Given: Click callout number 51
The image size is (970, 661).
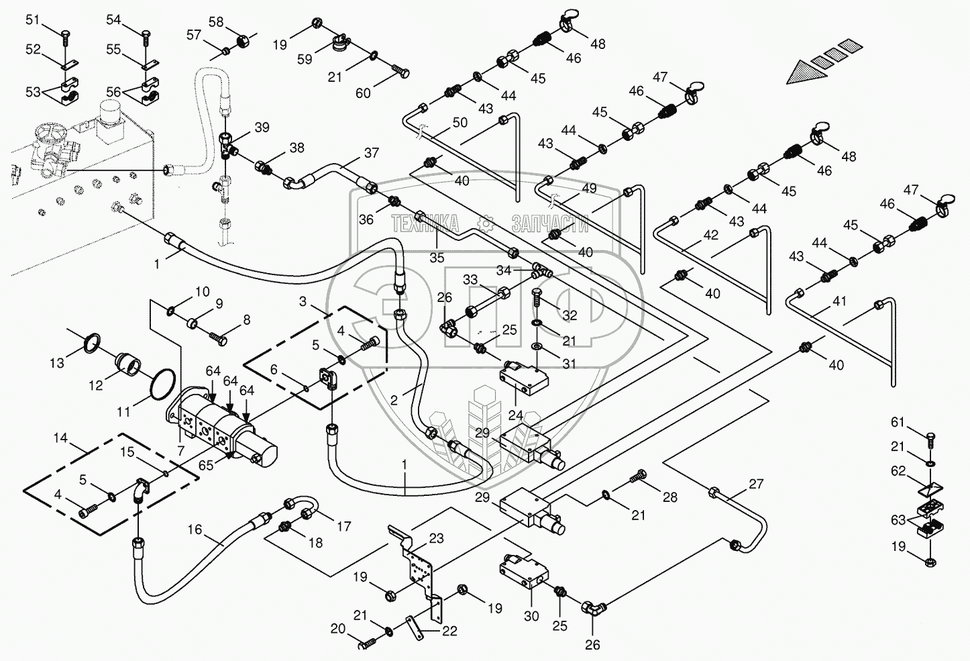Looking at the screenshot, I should click(33, 20).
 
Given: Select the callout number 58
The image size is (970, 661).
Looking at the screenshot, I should click(216, 22).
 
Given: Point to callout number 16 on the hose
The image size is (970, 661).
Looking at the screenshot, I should click(195, 530).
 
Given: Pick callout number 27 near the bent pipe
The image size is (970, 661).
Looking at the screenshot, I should click(756, 484).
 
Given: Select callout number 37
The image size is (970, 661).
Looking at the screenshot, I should click(372, 153).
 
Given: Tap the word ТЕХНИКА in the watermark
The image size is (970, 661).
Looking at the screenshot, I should click(426, 223).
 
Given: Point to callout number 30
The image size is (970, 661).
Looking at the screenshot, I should click(531, 615).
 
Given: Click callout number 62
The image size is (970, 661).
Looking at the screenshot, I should click(898, 471).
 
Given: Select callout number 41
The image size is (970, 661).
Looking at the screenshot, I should click(839, 302).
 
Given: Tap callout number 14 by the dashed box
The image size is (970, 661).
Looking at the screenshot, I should click(60, 439).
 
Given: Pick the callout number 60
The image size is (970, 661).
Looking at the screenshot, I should click(363, 93).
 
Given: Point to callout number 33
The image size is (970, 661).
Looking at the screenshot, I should click(470, 279).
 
